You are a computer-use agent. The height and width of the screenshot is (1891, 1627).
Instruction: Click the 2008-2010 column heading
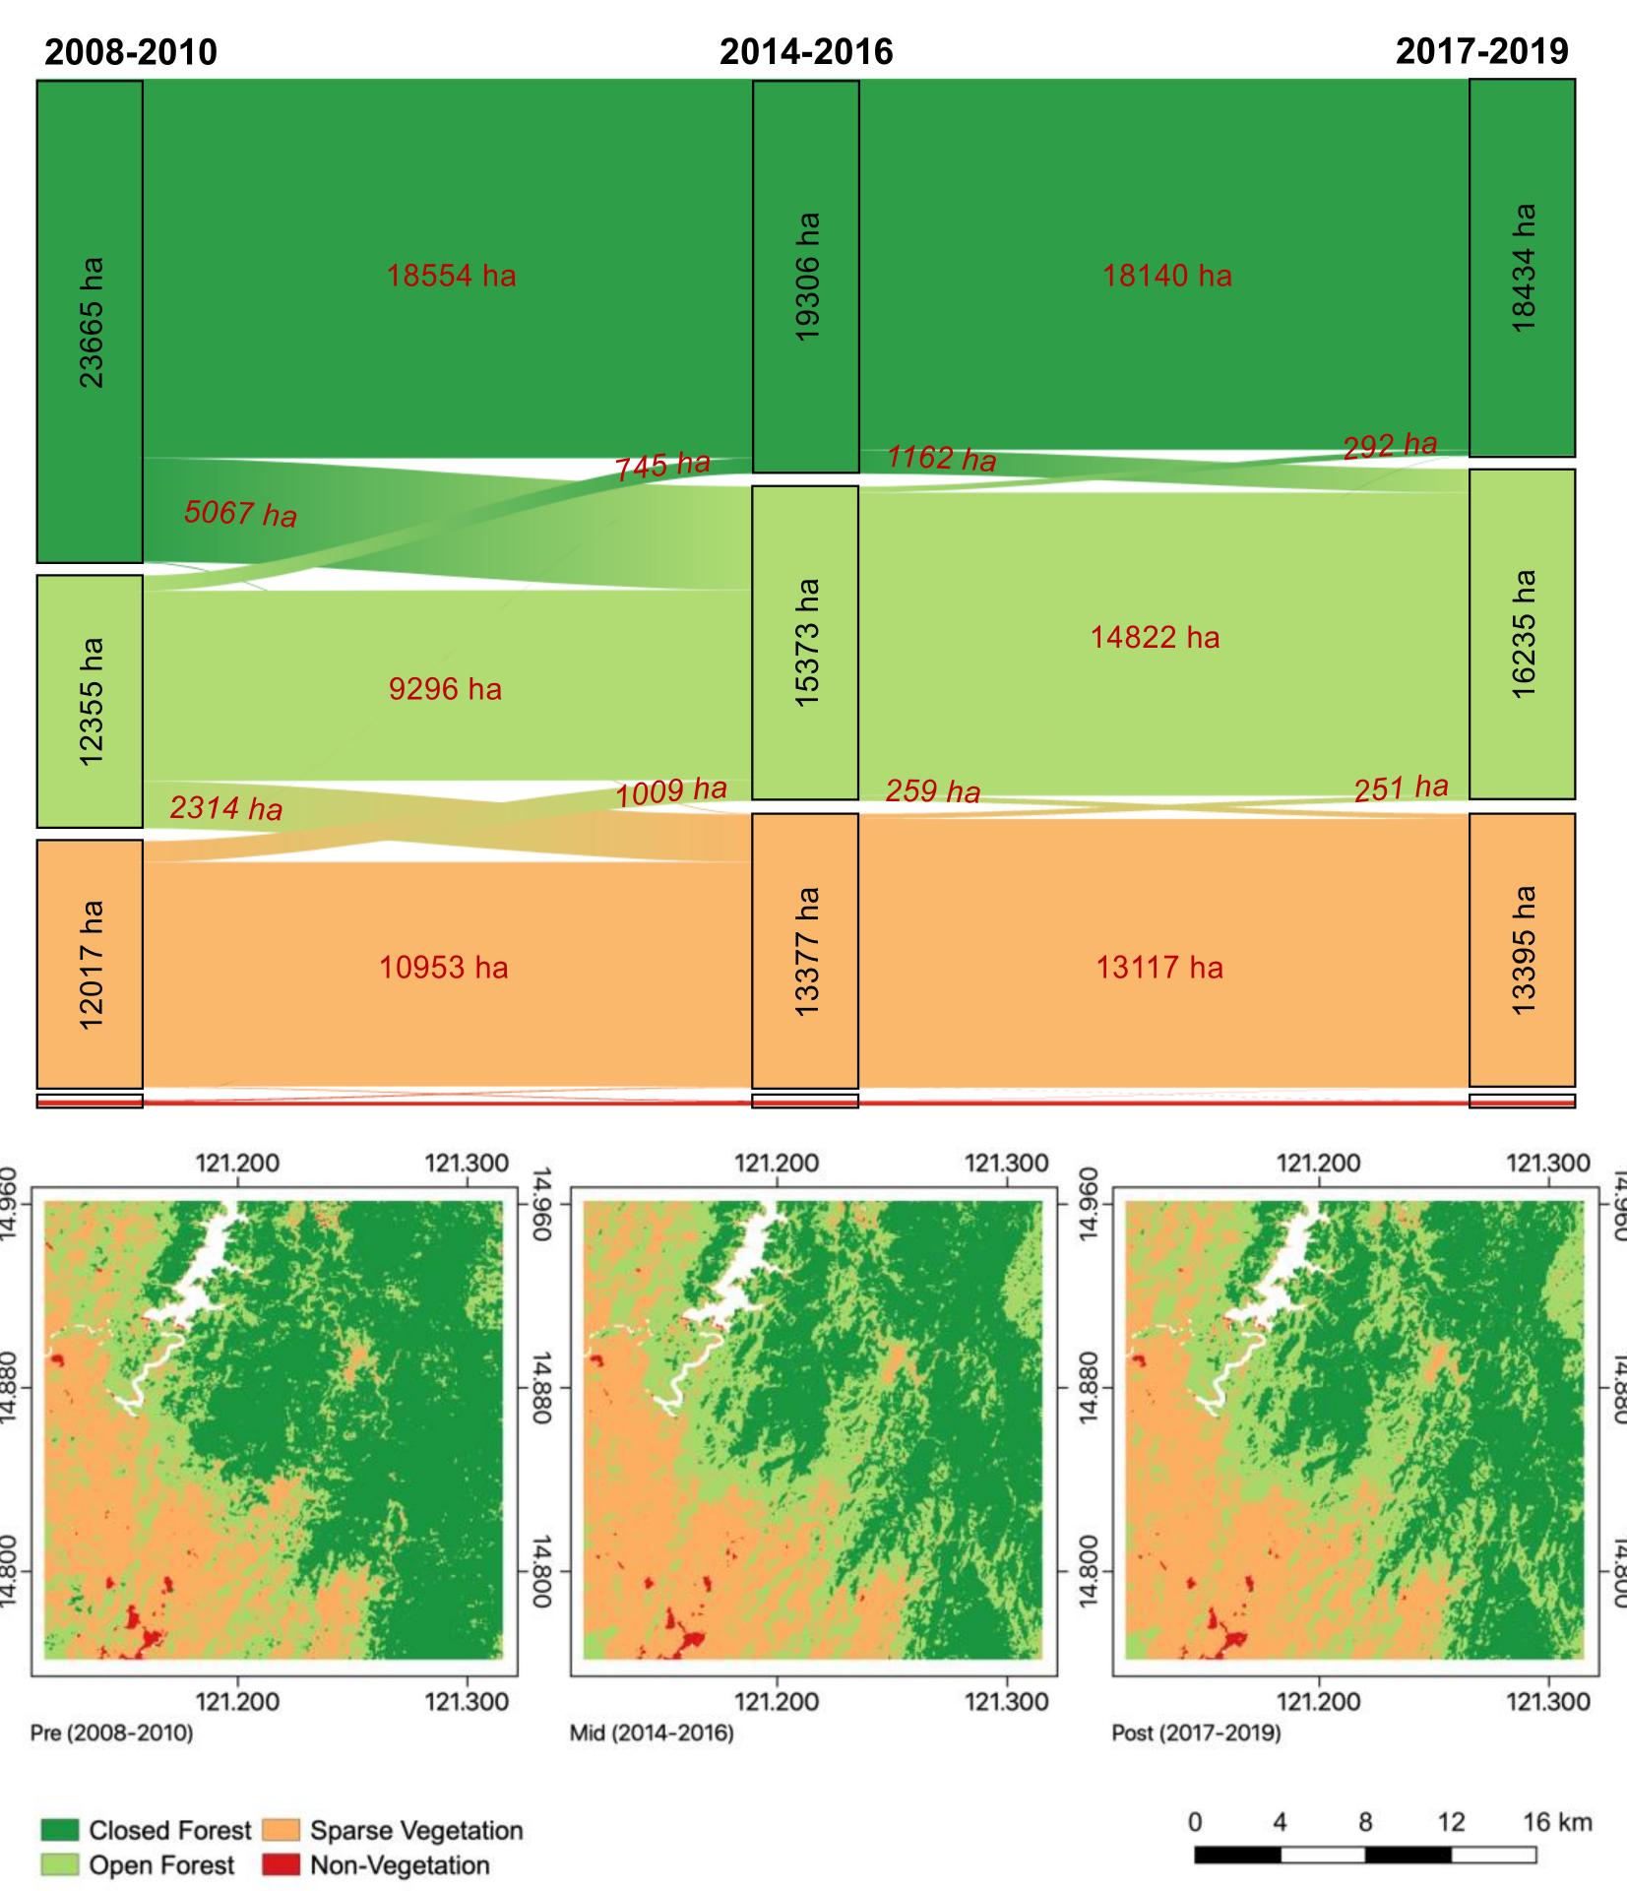(131, 51)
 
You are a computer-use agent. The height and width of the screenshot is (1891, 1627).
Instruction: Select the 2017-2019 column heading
(1481, 51)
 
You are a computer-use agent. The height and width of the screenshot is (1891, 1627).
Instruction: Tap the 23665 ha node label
(91, 322)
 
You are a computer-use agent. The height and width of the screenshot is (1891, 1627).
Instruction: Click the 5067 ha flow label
(240, 513)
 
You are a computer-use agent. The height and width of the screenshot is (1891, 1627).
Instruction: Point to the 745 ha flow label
(662, 466)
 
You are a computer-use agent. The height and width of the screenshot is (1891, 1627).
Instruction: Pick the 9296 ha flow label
(445, 689)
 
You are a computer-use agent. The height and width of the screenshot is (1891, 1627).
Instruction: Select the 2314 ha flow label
(225, 808)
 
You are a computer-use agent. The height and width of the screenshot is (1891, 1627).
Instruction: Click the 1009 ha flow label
(671, 790)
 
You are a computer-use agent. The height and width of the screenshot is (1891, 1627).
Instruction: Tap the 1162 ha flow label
(941, 459)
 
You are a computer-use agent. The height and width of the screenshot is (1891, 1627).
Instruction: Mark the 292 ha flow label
(1390, 446)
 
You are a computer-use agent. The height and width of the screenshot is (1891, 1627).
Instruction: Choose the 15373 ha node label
(806, 642)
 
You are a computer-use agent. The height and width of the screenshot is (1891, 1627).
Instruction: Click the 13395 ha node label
(1523, 950)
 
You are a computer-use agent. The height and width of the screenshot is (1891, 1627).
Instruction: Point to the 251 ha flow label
(1401, 788)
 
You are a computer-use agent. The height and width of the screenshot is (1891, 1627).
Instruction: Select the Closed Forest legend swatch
(59, 1829)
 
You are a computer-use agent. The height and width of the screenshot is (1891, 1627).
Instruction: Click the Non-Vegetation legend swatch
(281, 1864)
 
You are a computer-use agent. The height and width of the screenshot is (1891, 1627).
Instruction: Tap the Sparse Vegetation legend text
(416, 1830)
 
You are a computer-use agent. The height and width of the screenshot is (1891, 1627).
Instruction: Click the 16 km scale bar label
(1557, 1821)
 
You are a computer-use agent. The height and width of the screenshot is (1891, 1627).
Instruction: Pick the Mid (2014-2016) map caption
(652, 1759)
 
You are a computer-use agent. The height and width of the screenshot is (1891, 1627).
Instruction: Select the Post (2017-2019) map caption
(1196, 1759)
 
